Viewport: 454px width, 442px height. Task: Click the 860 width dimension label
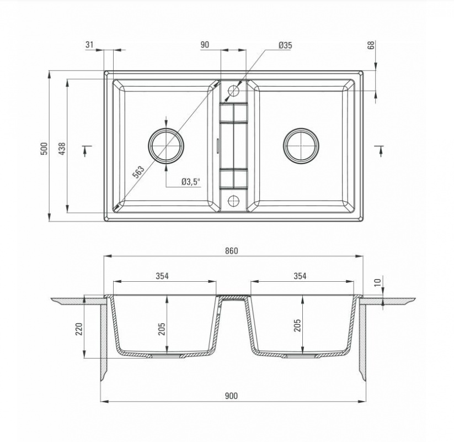(231, 251)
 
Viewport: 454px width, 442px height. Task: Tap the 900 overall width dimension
(231, 396)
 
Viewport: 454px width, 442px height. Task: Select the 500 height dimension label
(44, 149)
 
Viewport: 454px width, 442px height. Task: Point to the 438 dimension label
(62, 149)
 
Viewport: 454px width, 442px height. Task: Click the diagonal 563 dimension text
(138, 172)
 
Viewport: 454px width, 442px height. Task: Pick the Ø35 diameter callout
(285, 45)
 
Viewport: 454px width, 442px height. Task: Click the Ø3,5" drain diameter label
(191, 182)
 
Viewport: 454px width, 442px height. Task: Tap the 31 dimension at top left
(89, 44)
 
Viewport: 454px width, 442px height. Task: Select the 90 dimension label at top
(205, 44)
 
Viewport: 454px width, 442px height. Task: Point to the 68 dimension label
(371, 45)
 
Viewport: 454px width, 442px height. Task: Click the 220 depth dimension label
(79, 329)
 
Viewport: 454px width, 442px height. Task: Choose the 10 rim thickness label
(378, 282)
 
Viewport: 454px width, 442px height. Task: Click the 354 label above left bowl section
(162, 276)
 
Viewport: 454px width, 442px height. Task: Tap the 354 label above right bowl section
(300, 276)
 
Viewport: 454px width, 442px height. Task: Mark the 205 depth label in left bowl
(162, 329)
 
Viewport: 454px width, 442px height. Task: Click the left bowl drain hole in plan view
(166, 145)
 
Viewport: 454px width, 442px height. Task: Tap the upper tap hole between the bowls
(234, 91)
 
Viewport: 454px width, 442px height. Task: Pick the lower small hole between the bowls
(234, 201)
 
